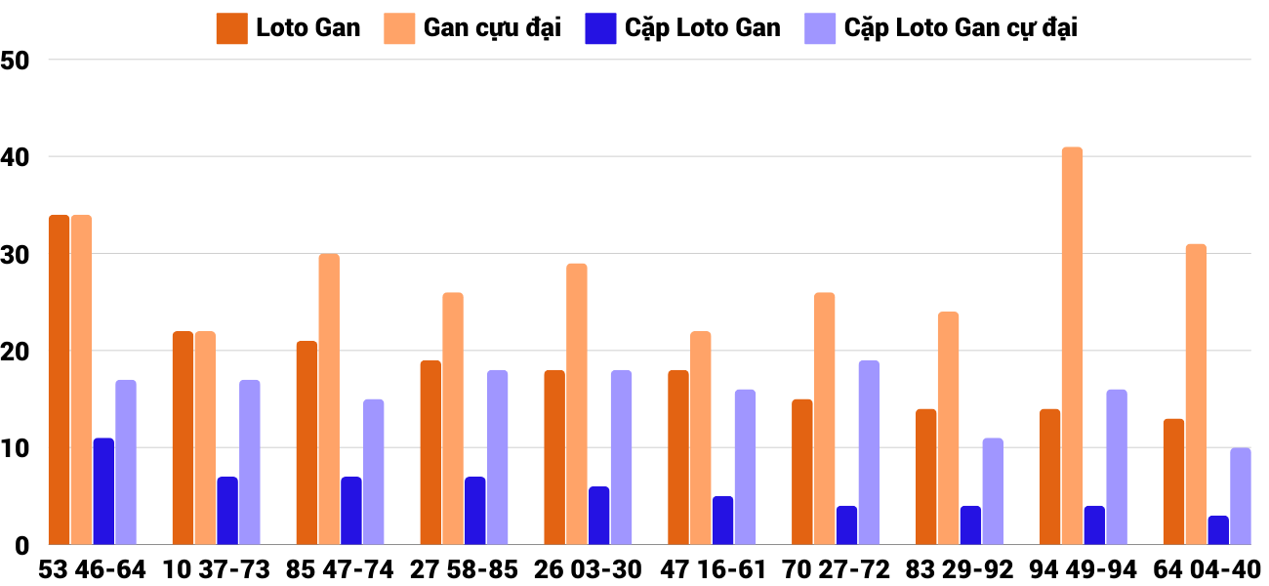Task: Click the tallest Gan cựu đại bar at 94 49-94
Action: click(x=1072, y=346)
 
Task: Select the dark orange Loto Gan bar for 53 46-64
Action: click(x=60, y=380)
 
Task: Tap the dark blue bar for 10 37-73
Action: click(x=227, y=511)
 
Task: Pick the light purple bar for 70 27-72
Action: click(x=869, y=453)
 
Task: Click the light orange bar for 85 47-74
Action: click(x=329, y=399)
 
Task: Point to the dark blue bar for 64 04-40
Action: click(x=1218, y=530)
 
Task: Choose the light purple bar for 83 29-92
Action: click(x=993, y=492)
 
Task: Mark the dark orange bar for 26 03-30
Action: click(x=554, y=458)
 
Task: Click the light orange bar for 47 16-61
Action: click(x=700, y=439)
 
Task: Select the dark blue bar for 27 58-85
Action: click(x=474, y=511)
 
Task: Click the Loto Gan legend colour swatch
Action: click(x=231, y=28)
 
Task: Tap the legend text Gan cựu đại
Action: click(x=492, y=28)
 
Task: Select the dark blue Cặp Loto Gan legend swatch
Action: click(x=599, y=28)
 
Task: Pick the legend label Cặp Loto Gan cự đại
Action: click(x=961, y=28)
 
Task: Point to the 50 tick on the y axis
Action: click(x=17, y=60)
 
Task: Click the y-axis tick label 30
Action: click(x=17, y=254)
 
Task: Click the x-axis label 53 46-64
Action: click(x=92, y=569)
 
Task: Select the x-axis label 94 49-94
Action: click(x=1082, y=569)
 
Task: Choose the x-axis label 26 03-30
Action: click(x=587, y=569)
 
